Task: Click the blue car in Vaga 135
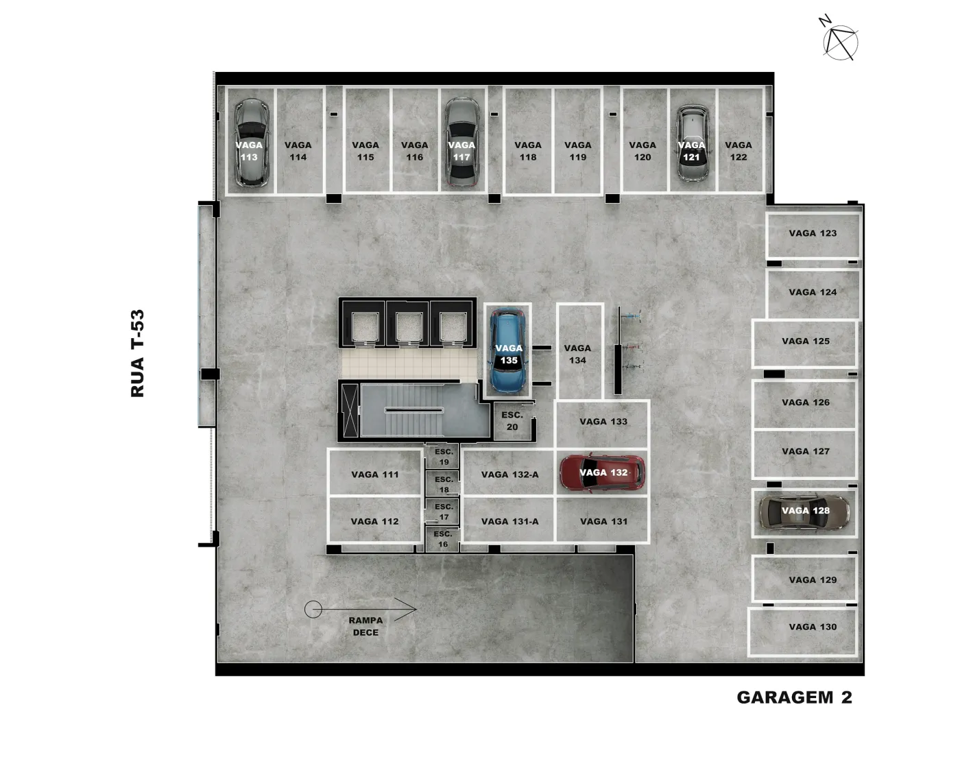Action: pos(508,351)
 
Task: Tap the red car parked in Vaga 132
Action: pos(602,473)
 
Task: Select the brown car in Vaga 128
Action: pos(804,512)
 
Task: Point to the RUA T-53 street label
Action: pos(137,353)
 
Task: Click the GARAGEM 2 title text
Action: pos(794,697)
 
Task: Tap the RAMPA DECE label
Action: pos(365,626)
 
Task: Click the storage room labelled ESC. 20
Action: pos(513,421)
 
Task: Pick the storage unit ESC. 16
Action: pos(442,538)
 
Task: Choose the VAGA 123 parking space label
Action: pos(813,233)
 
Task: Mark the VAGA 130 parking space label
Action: pos(813,627)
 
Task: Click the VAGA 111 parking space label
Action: pos(374,475)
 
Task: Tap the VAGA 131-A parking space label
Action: pos(510,521)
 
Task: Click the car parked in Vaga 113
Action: pos(251,143)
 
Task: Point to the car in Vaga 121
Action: pos(692,143)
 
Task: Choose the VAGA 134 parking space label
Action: pos(577,354)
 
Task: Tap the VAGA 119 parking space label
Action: pos(577,151)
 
